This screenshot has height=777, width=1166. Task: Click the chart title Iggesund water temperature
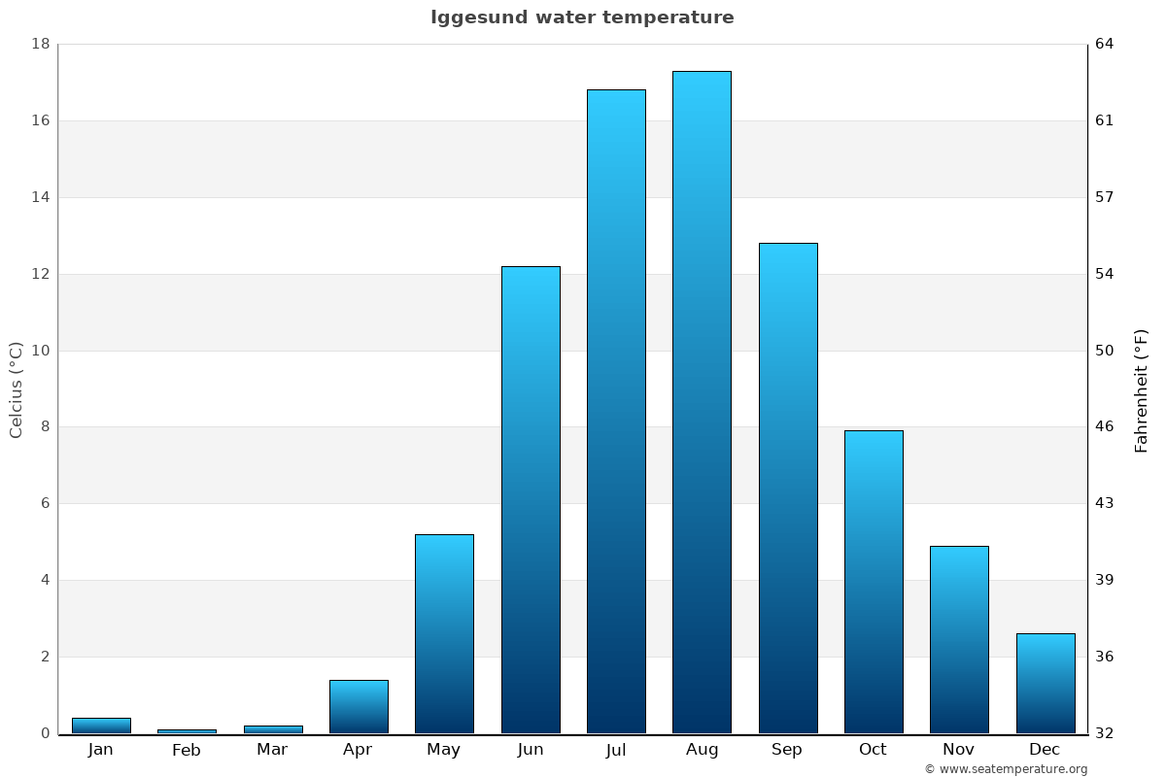click(x=582, y=17)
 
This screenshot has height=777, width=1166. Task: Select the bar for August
click(x=702, y=402)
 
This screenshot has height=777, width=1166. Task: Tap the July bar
click(x=616, y=412)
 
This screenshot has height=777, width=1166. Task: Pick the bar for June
click(x=531, y=499)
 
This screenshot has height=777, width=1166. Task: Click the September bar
click(x=788, y=488)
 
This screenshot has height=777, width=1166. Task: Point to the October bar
click(x=874, y=582)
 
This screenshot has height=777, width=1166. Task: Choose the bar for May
click(x=444, y=633)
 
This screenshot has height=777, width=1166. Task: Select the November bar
click(x=959, y=639)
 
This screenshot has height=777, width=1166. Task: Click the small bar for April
click(x=359, y=707)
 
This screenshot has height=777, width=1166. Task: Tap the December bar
click(x=1046, y=683)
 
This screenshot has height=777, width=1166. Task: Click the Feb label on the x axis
click(x=187, y=750)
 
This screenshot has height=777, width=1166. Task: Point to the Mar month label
click(x=272, y=750)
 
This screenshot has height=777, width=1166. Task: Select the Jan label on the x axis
click(x=100, y=750)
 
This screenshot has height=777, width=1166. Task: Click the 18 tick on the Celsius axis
click(x=41, y=45)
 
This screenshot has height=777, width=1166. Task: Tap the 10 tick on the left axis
click(x=41, y=351)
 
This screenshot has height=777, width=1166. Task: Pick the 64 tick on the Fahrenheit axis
click(x=1105, y=45)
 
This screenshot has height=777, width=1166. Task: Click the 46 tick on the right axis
click(x=1105, y=427)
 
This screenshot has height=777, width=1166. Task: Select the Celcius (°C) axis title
click(x=16, y=389)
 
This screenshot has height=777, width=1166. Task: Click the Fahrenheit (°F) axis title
click(x=1142, y=389)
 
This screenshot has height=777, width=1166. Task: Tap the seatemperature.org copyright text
click(x=1006, y=769)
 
